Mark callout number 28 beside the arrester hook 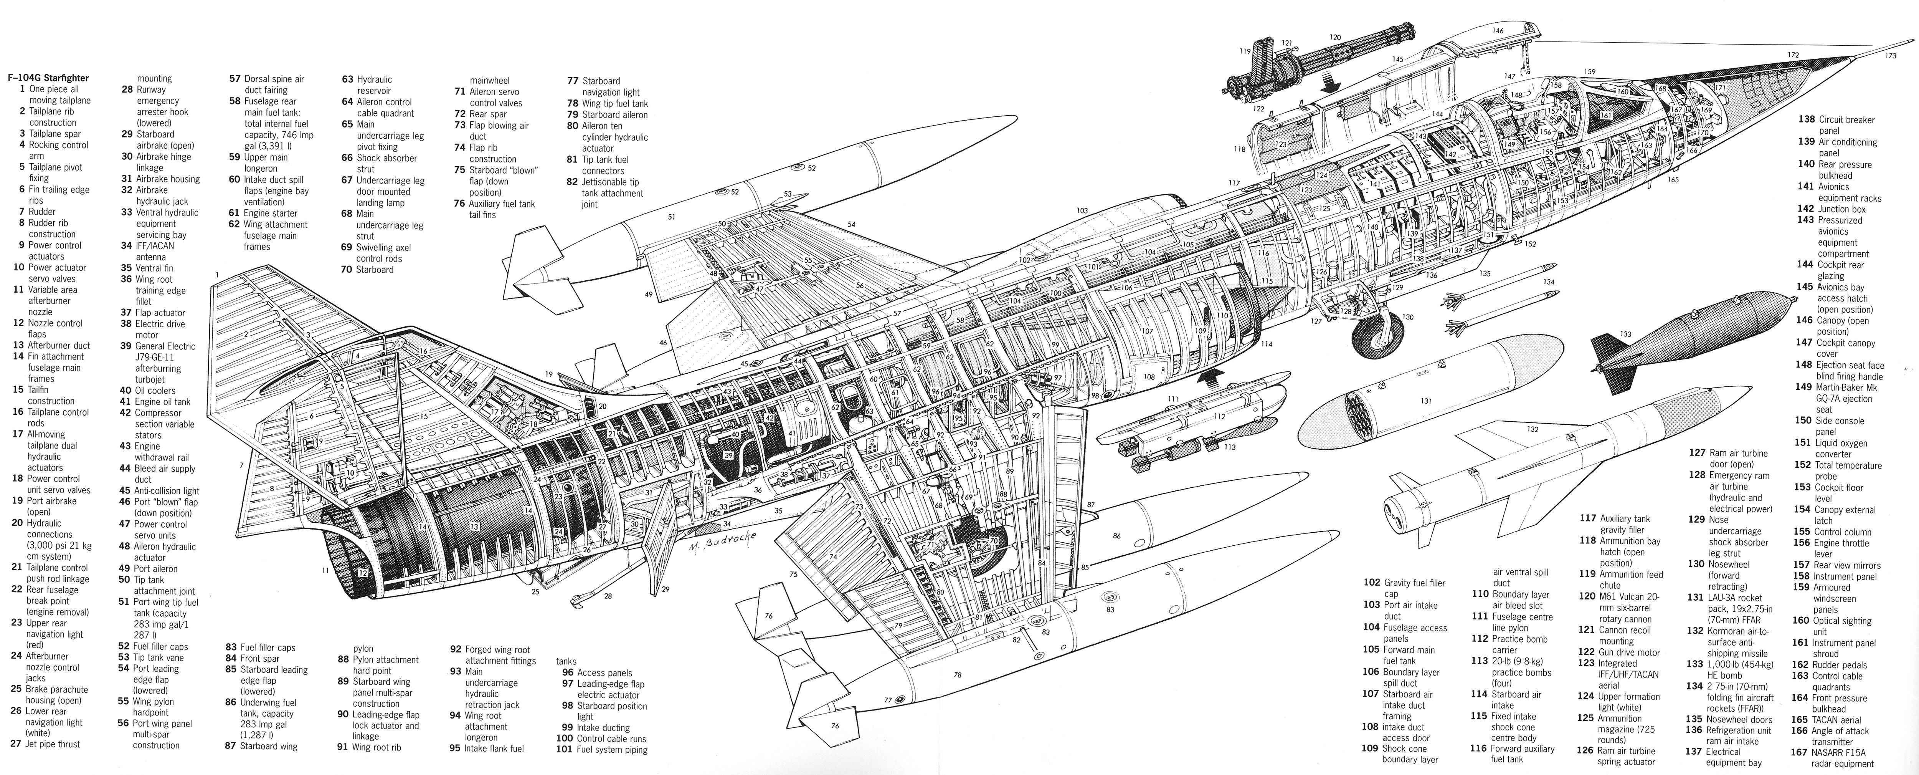608,596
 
